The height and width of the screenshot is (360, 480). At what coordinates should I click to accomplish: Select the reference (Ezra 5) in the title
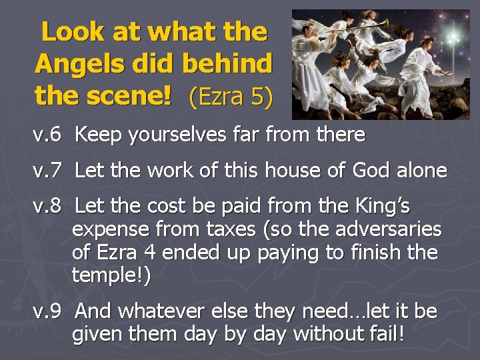231,97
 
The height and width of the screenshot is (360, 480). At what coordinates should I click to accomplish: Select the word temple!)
111,275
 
